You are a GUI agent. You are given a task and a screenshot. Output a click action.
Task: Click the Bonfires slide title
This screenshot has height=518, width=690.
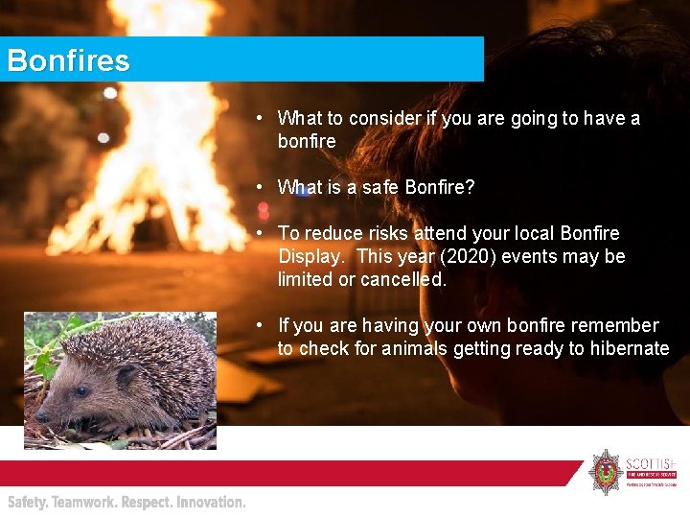tap(68, 61)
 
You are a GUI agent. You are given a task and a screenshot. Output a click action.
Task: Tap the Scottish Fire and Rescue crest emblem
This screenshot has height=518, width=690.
tap(605, 471)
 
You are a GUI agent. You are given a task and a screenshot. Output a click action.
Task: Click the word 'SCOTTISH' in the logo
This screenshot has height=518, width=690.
tap(651, 459)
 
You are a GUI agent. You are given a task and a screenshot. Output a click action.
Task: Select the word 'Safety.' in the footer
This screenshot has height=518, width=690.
tap(28, 502)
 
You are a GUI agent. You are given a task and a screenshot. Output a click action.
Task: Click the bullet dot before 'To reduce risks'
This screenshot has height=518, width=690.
tap(260, 233)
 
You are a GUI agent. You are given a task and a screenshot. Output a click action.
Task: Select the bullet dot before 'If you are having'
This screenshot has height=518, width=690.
tap(260, 325)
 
